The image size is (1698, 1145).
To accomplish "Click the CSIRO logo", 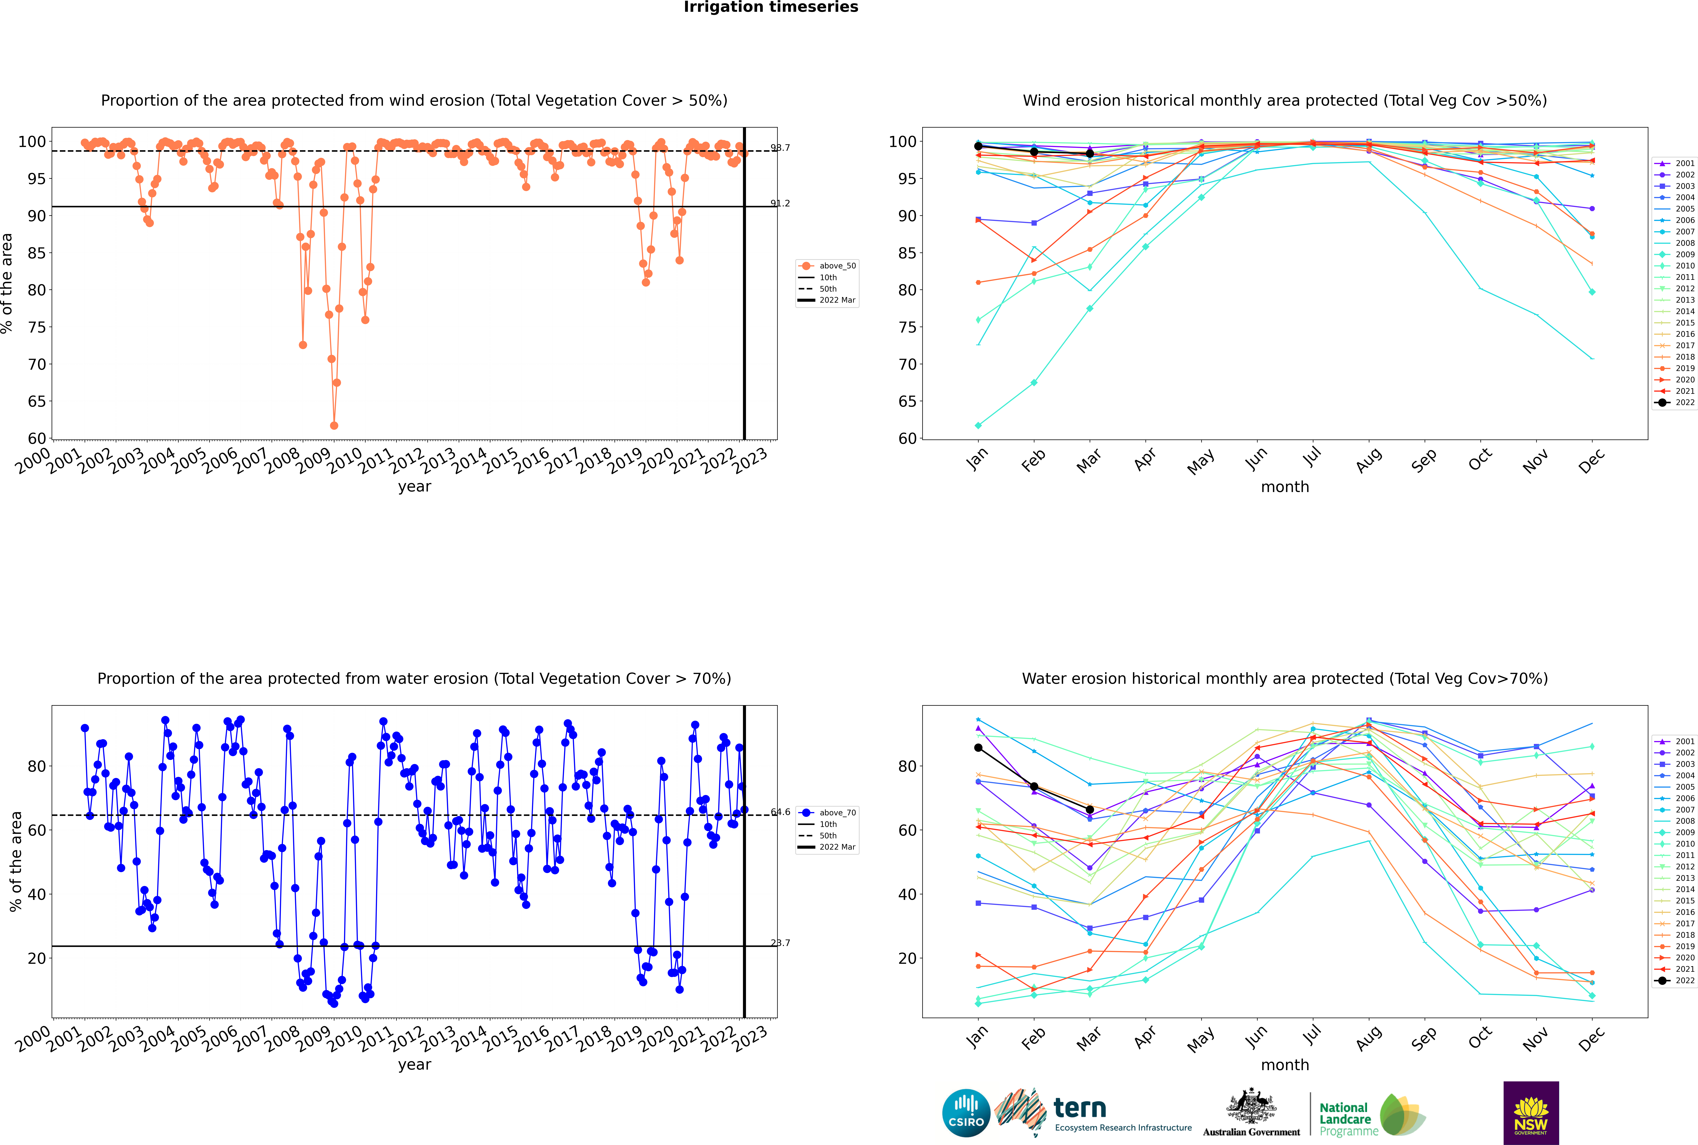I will (966, 1113).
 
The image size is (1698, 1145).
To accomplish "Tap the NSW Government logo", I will (1531, 1113).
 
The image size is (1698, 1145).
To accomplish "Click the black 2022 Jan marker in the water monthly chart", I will (978, 748).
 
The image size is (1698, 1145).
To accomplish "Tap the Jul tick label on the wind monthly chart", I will (1312, 458).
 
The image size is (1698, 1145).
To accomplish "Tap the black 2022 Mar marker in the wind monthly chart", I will (1090, 153).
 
